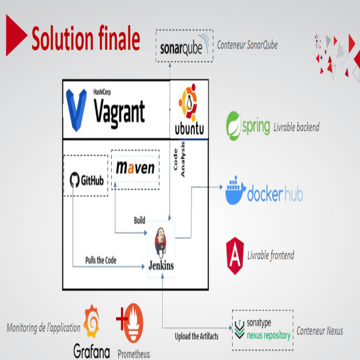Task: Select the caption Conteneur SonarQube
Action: click(247, 45)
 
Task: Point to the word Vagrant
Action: click(119, 111)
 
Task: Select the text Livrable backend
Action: click(296, 127)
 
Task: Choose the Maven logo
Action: click(135, 168)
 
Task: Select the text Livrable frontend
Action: click(270, 255)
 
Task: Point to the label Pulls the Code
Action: click(100, 261)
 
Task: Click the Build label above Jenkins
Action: click(139, 220)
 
